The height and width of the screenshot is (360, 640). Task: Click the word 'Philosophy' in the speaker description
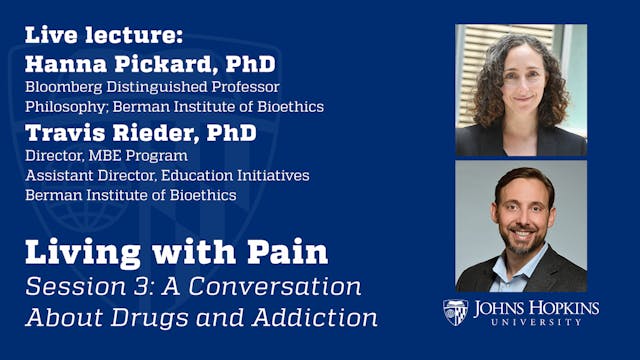point(60,107)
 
